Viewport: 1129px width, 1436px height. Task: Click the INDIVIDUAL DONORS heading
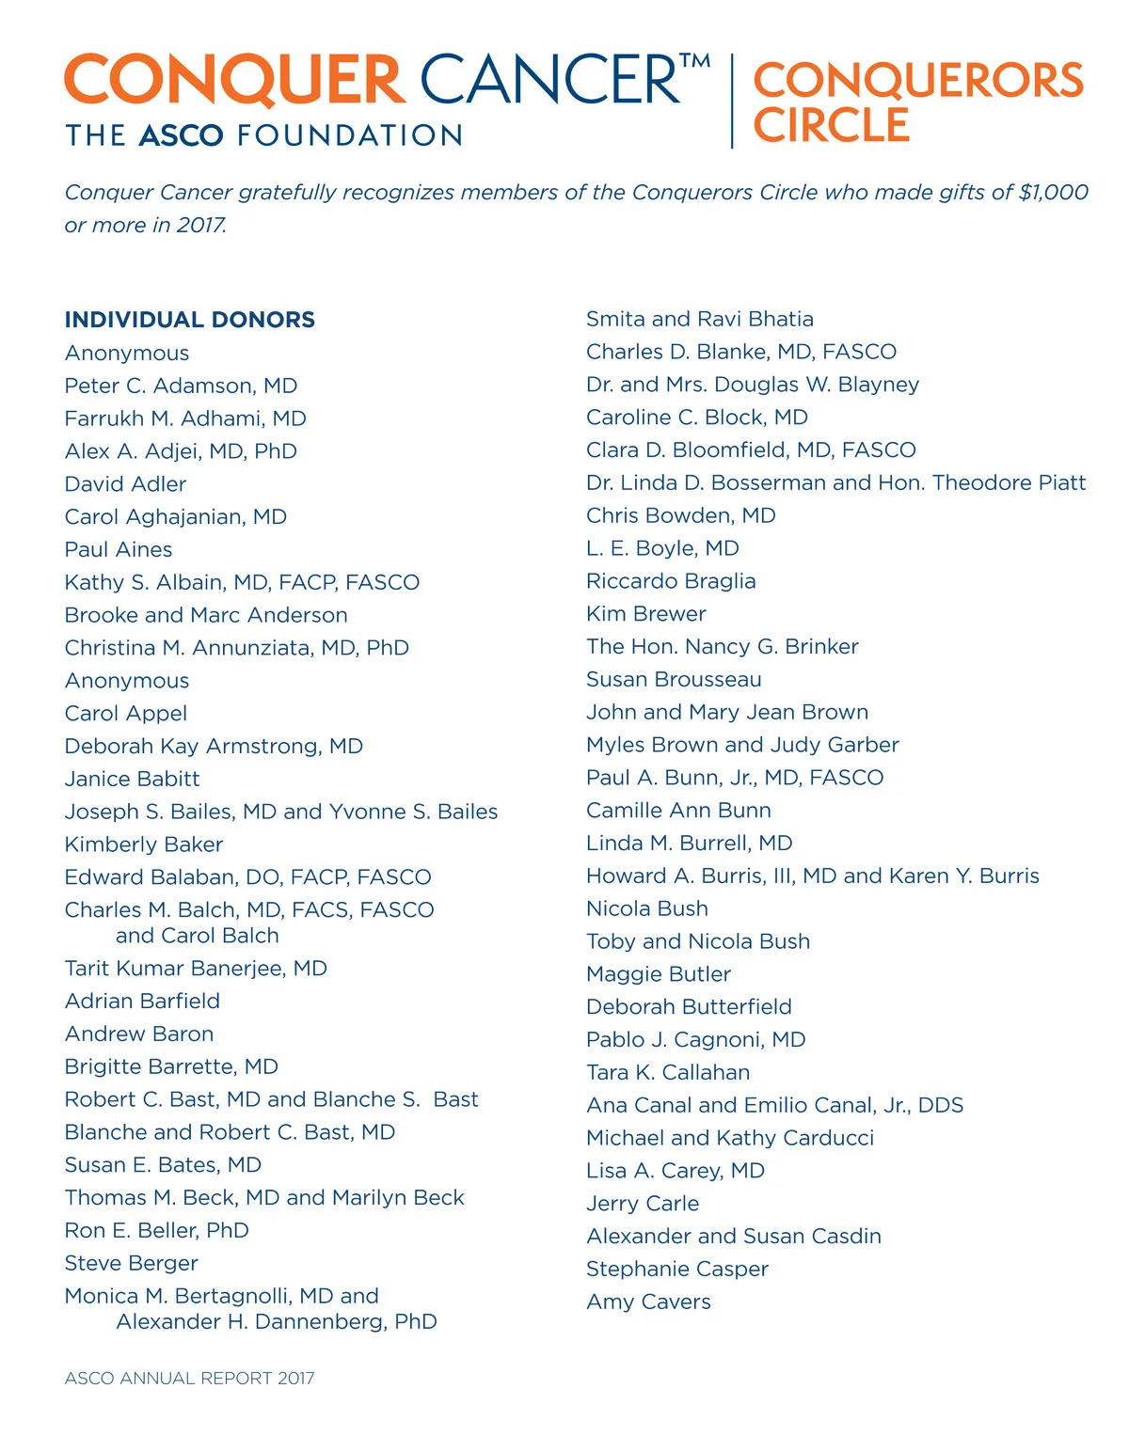coord(189,320)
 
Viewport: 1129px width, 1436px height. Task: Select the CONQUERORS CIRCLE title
coord(917,102)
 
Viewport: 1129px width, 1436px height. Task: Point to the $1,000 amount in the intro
coord(1053,193)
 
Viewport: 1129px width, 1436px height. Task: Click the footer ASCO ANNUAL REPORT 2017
coord(189,1378)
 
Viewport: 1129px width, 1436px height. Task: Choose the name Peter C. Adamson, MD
coord(181,386)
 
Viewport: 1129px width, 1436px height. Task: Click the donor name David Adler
coord(125,484)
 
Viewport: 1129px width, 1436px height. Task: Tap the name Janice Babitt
coord(132,779)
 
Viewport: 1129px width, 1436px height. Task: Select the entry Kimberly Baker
coord(144,844)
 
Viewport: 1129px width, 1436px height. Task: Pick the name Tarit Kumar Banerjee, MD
coord(196,969)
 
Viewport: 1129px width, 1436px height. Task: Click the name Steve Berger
coord(131,1263)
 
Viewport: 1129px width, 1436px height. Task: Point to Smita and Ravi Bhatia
coord(699,320)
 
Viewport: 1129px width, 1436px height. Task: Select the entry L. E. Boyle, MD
coord(662,548)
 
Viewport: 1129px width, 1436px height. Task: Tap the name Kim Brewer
coord(645,614)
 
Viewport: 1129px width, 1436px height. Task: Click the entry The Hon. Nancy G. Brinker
coord(722,647)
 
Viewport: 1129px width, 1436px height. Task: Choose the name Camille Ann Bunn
coord(678,811)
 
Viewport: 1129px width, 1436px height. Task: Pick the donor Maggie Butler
coord(658,974)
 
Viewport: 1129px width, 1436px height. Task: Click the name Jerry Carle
coord(643,1204)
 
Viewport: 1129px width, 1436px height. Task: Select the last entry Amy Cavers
coord(648,1302)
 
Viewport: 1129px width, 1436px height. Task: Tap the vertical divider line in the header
coord(732,102)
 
